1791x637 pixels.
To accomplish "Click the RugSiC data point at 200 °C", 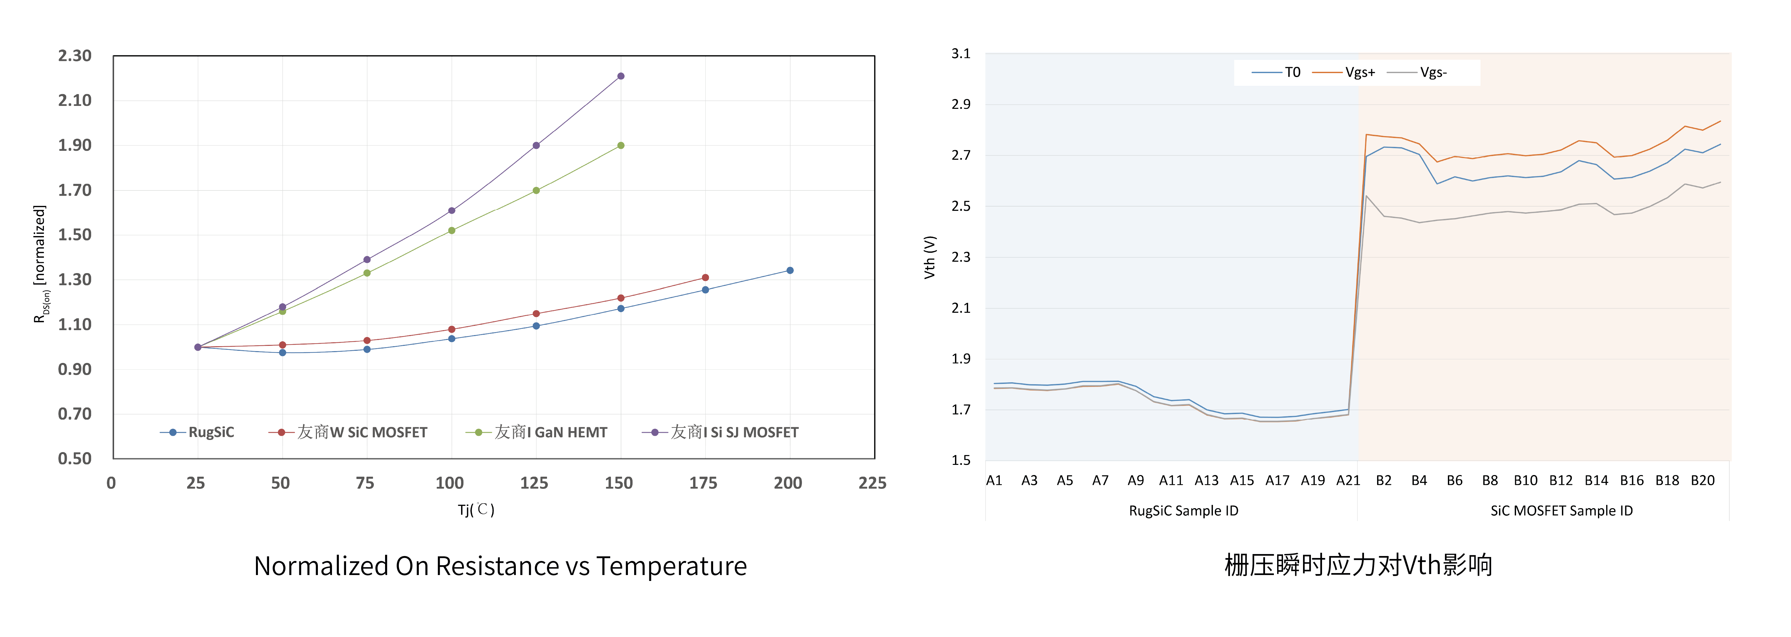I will click(x=790, y=270).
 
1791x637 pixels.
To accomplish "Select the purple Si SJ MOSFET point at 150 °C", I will click(x=621, y=76).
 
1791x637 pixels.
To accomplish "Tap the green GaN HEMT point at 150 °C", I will click(x=621, y=145).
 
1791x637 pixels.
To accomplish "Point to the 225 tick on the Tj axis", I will click(x=872, y=483).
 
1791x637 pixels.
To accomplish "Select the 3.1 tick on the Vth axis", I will click(x=961, y=53).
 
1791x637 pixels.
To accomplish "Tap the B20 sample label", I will click(x=1703, y=481).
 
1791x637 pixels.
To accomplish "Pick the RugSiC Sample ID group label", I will click(x=1183, y=511).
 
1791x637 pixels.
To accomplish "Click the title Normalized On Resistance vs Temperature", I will click(x=500, y=566).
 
